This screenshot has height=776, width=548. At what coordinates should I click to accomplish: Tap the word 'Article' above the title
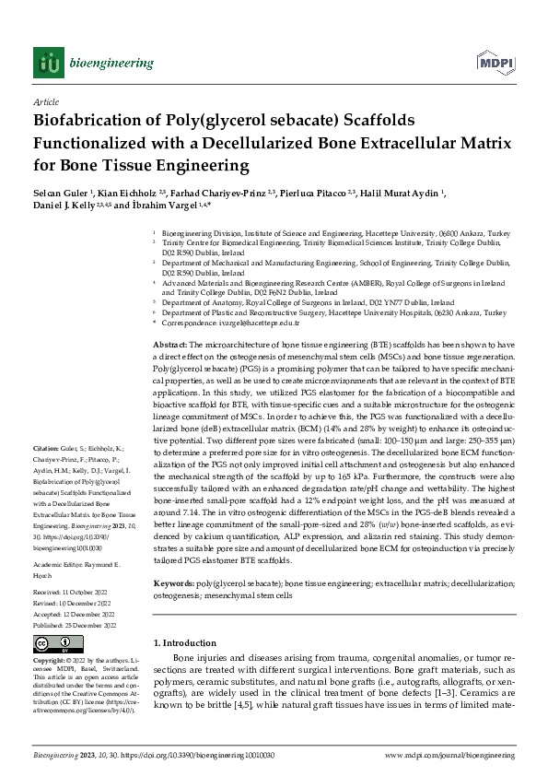(45, 103)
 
